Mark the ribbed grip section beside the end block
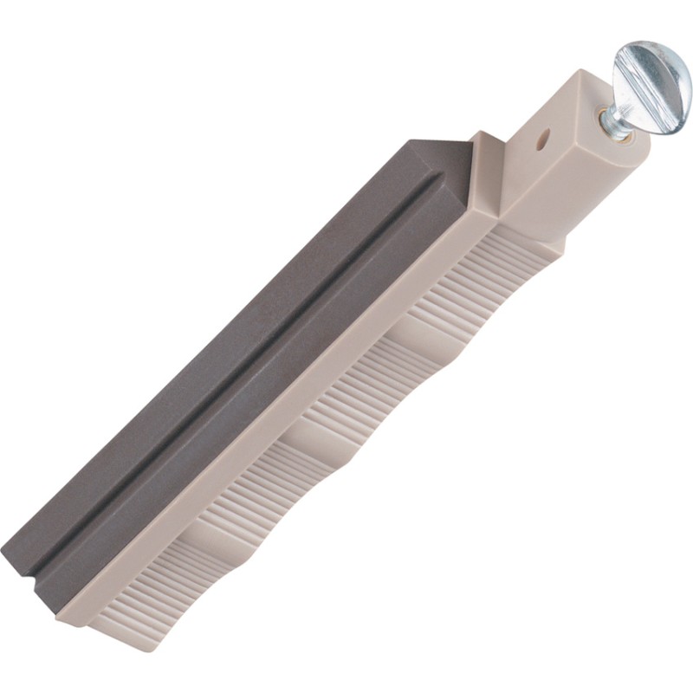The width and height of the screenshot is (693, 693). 502,269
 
